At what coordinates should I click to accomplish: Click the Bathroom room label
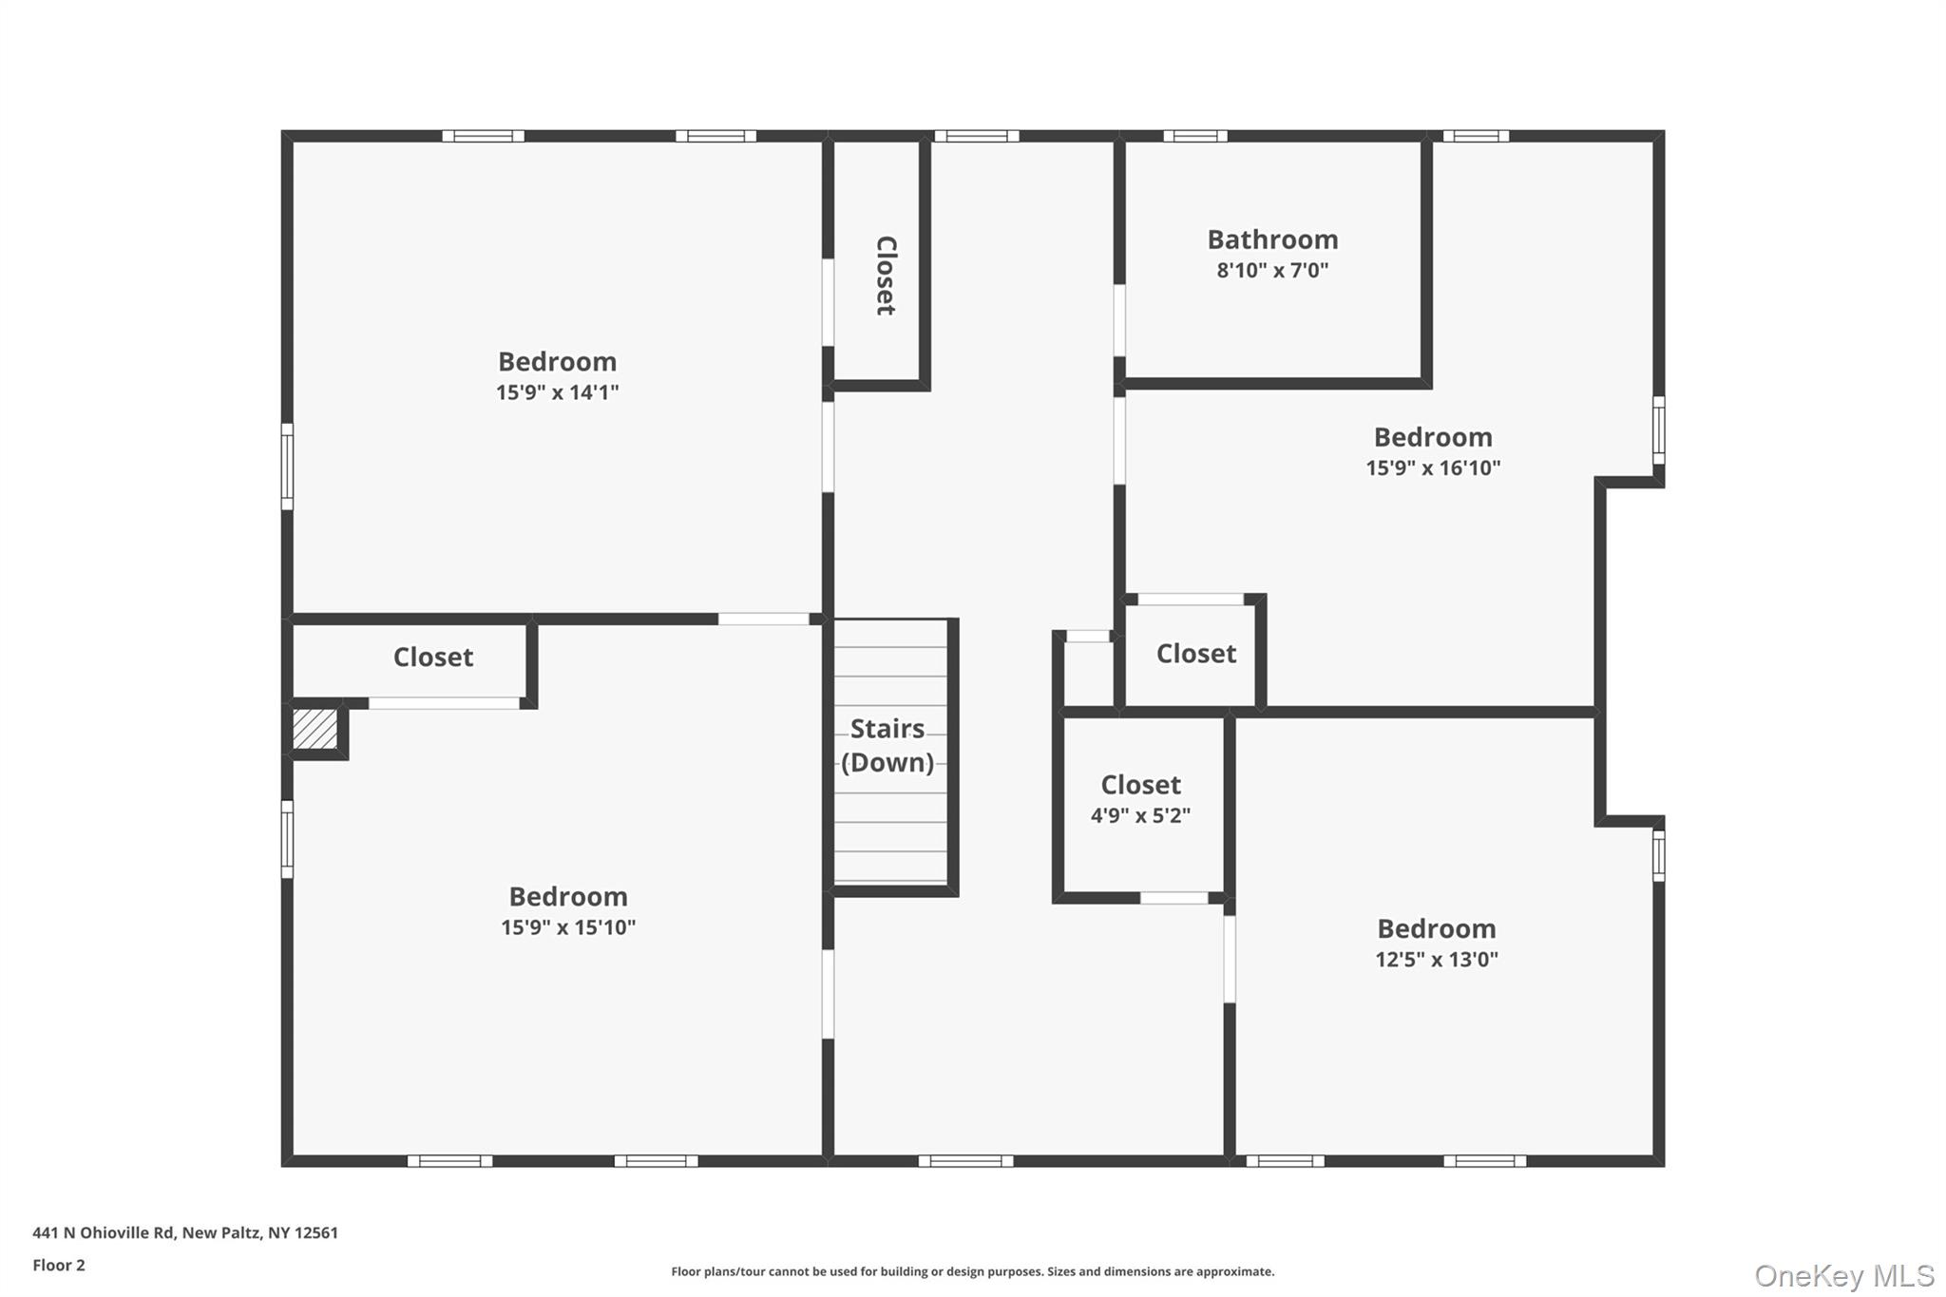click(x=1272, y=239)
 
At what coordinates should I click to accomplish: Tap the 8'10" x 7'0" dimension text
click(x=1272, y=271)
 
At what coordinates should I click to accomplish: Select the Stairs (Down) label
click(x=887, y=746)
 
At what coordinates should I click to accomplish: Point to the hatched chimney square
click(x=315, y=730)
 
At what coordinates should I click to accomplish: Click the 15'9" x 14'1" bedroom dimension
click(x=557, y=392)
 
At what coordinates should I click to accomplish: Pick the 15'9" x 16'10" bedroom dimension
click(x=1433, y=467)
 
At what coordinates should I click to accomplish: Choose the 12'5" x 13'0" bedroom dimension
click(x=1437, y=960)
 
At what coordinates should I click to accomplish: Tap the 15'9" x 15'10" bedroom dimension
click(x=568, y=927)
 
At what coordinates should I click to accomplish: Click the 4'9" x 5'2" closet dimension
click(x=1140, y=815)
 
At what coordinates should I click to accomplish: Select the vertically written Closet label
click(x=886, y=276)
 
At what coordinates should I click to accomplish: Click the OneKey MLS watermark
click(x=1844, y=1275)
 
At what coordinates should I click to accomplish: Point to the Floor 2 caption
click(x=59, y=1265)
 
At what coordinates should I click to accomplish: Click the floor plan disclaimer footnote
click(x=972, y=1271)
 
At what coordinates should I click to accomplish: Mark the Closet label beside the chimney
click(x=433, y=658)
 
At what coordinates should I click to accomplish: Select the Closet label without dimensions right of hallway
click(x=1196, y=654)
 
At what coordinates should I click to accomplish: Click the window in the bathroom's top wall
click(x=1195, y=137)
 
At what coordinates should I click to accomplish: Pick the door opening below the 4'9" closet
click(x=1174, y=898)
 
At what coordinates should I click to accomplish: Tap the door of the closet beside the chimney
click(x=444, y=703)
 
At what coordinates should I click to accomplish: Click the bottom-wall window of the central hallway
click(x=965, y=1161)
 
